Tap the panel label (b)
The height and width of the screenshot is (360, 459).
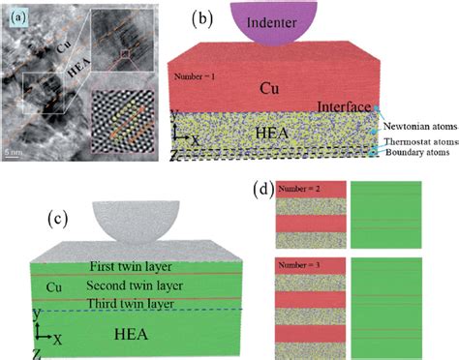(x=202, y=17)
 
